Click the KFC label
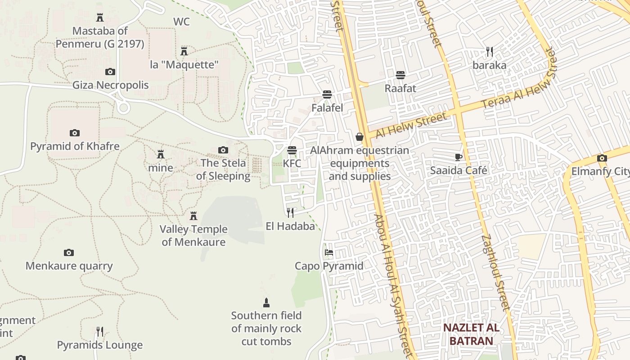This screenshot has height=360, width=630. tap(292, 163)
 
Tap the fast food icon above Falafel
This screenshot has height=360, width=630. tap(327, 94)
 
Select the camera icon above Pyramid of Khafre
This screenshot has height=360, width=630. tap(75, 133)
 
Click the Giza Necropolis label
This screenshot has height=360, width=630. tap(110, 85)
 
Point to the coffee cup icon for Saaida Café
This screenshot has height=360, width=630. tap(458, 157)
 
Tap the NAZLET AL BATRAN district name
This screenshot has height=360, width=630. tap(471, 334)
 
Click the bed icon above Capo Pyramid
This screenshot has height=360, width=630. tap(329, 252)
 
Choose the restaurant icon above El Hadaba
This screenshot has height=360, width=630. tap(290, 212)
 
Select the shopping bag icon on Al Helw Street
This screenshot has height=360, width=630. tap(359, 137)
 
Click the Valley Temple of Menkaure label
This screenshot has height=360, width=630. tap(193, 235)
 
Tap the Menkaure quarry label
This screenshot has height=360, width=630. tap(69, 265)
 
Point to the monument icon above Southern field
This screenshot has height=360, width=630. tap(266, 302)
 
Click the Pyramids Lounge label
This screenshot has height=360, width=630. tap(99, 345)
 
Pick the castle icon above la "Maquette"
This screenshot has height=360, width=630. tap(184, 51)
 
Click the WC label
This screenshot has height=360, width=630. tap(181, 22)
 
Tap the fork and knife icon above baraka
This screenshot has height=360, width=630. tap(490, 52)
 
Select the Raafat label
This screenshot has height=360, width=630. tap(400, 88)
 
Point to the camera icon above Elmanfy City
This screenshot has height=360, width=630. tap(602, 158)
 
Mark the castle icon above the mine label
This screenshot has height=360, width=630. tap(161, 154)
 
